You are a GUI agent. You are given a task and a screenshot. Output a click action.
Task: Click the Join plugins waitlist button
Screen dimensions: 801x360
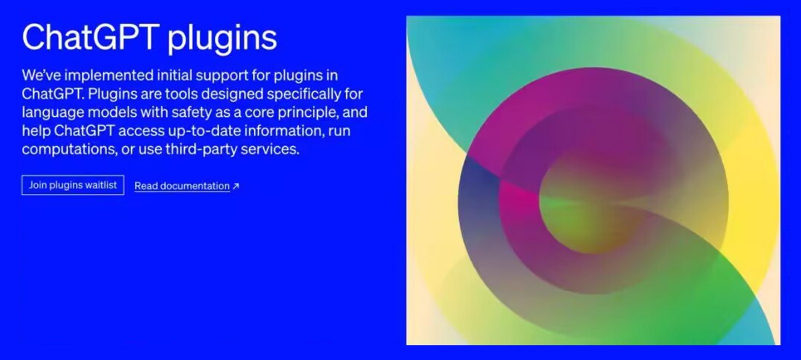(73, 185)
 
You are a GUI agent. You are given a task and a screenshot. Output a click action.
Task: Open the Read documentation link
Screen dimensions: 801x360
(182, 186)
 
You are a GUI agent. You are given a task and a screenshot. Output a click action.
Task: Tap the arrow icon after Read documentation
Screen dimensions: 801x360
(236, 186)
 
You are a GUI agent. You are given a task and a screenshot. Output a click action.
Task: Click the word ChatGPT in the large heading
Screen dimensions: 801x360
(91, 37)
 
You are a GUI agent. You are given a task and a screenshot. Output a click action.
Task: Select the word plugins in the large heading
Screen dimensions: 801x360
(222, 40)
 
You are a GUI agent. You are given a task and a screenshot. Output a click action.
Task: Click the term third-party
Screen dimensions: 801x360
(201, 149)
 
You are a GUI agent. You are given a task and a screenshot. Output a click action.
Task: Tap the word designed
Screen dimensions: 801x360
(232, 95)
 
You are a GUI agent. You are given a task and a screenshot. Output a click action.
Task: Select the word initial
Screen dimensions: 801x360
(175, 76)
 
